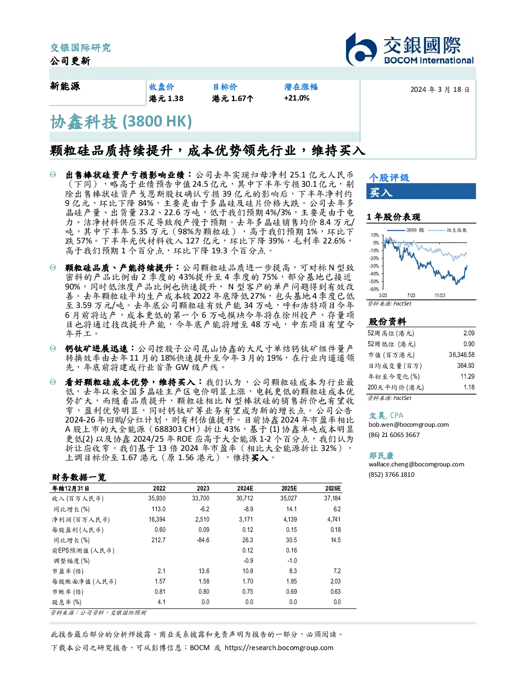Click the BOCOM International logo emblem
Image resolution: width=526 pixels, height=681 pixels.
tap(360, 50)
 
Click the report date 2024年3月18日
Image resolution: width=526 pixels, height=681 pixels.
tap(440, 90)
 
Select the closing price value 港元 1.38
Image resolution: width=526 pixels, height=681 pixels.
tap(166, 99)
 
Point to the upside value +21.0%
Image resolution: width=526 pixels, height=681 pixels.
tap(297, 98)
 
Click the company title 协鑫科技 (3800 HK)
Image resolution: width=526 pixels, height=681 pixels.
tap(121, 122)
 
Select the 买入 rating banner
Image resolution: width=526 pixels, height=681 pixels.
tap(421, 191)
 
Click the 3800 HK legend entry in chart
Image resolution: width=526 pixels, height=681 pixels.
tap(406, 230)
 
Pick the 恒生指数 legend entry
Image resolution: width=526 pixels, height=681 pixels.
tap(448, 230)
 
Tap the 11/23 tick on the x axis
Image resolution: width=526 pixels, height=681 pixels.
tap(440, 295)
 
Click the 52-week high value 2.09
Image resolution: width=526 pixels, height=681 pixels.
tap(469, 333)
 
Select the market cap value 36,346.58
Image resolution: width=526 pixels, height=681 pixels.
tap(462, 354)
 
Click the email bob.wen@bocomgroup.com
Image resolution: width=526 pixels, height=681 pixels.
tap(408, 424)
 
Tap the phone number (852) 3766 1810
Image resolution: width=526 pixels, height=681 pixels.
tap(391, 475)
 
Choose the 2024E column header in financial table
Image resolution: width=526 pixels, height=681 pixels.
tap(245, 488)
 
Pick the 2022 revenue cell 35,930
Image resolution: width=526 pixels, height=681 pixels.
tap(157, 498)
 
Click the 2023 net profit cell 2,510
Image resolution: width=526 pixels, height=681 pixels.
tap(202, 520)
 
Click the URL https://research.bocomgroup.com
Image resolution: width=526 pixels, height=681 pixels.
tap(279, 648)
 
